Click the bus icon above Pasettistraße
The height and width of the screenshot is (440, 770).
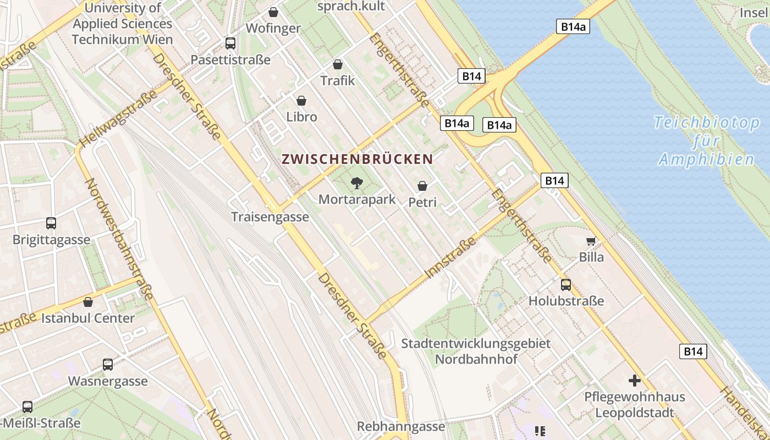(230, 43)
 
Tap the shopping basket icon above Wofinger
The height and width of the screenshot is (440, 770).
(273, 12)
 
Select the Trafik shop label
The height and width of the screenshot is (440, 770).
(338, 81)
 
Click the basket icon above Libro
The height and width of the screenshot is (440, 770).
(301, 101)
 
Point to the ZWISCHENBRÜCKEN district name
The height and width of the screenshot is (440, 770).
(358, 159)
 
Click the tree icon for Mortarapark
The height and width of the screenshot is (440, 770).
(357, 183)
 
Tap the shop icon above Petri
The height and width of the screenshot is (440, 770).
(422, 186)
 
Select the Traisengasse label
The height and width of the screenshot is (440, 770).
(270, 217)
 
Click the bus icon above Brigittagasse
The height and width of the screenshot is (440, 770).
(51, 223)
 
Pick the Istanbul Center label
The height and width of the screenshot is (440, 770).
(88, 318)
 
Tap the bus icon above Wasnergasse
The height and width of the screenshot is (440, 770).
(108, 364)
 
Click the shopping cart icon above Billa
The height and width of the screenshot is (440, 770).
(591, 241)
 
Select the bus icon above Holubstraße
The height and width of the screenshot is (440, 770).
(566, 285)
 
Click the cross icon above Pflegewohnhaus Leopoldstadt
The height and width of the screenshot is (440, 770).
(635, 380)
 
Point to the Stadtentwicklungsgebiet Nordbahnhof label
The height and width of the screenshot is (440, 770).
(476, 351)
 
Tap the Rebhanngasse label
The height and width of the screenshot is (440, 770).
(401, 427)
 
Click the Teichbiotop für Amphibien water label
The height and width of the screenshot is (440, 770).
(707, 141)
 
